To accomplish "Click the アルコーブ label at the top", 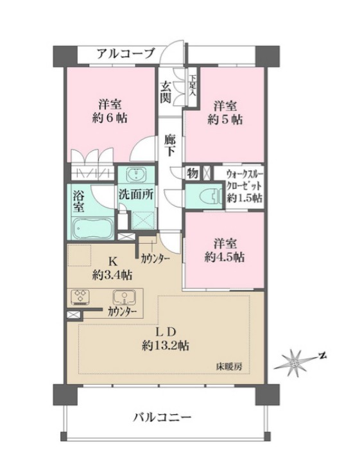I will pyautogui.click(x=124, y=53).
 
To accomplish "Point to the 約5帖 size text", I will pyautogui.click(x=226, y=119).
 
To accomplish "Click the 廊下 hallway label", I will pyautogui.click(x=169, y=144).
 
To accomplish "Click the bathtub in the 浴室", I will pyautogui.click(x=92, y=228).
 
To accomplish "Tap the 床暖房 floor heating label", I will pyautogui.click(x=228, y=367).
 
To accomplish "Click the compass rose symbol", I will pyautogui.click(x=295, y=361).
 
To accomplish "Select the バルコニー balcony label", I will pyautogui.click(x=162, y=417).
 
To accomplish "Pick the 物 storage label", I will pyautogui.click(x=192, y=173).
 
